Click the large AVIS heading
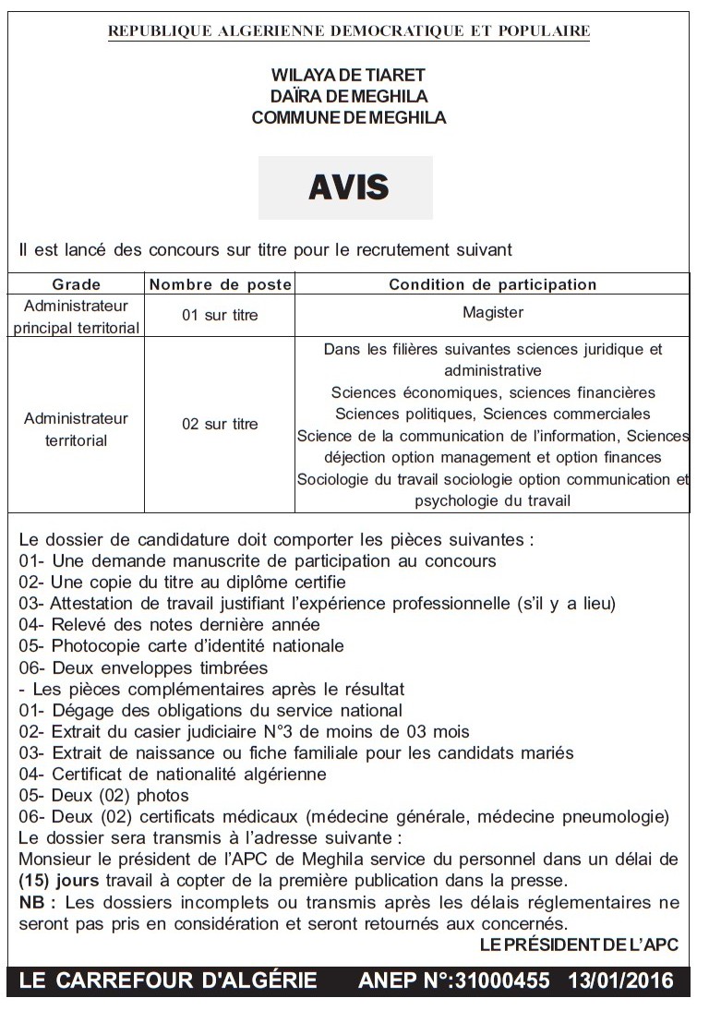[x=348, y=187]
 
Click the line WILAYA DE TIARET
[x=348, y=75]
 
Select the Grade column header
[x=76, y=284]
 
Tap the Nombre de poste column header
[x=220, y=284]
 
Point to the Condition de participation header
[x=492, y=284]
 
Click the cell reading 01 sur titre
[x=220, y=315]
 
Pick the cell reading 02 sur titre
[x=220, y=425]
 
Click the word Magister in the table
[x=492, y=312]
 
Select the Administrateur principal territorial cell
[x=76, y=316]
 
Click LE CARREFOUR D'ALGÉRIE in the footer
[x=167, y=980]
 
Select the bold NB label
[x=34, y=901]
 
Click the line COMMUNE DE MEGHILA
[x=348, y=117]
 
